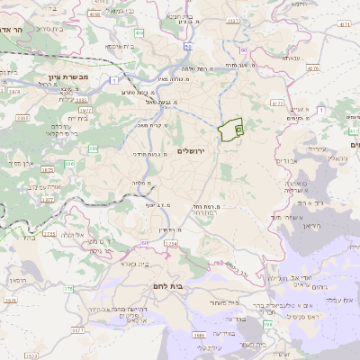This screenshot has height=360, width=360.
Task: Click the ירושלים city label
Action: (193, 150)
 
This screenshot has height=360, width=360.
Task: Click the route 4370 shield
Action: (312, 67)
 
